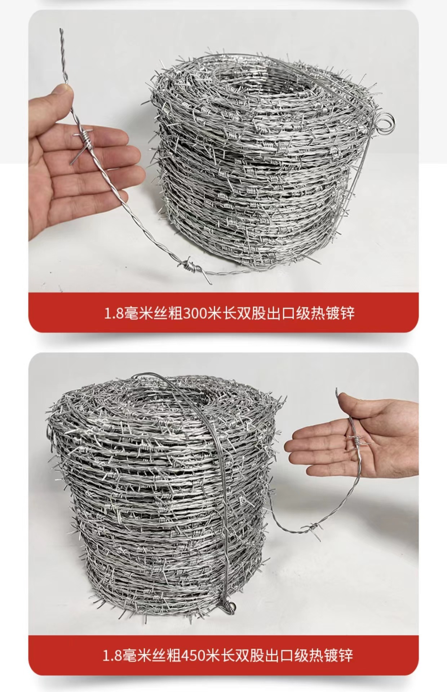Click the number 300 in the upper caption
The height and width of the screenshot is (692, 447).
pos(195,313)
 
